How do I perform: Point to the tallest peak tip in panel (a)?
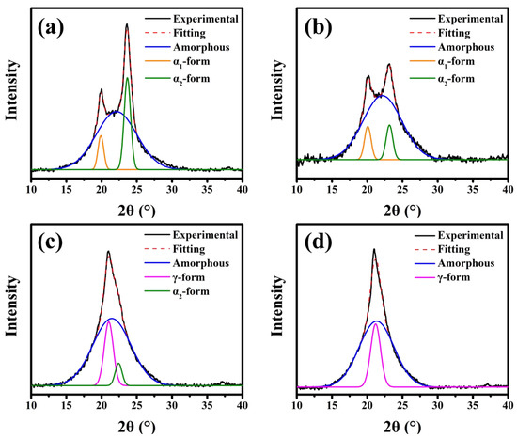pos(127,26)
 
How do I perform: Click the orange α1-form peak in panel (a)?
pos(101,136)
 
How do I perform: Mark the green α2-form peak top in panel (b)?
pos(389,126)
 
